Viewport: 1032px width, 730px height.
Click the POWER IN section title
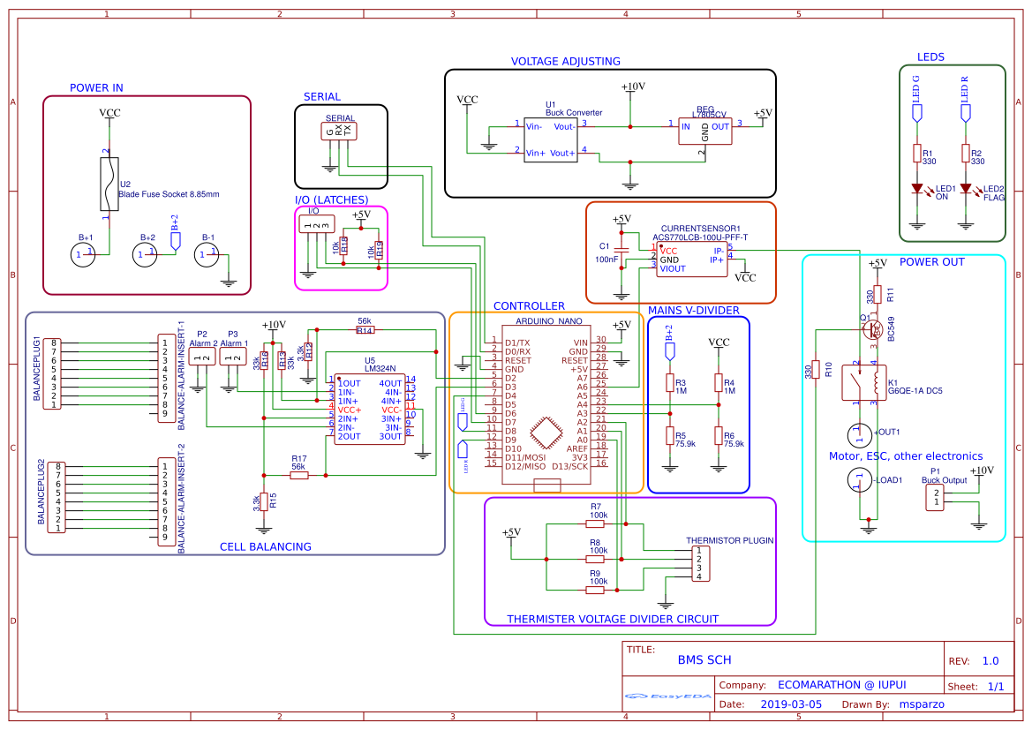96,87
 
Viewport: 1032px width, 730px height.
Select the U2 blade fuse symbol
107,184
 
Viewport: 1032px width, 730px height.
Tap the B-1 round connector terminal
207,254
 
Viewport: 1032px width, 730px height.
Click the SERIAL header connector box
340,131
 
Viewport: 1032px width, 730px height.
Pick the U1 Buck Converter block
551,139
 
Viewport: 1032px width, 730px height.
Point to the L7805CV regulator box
704,130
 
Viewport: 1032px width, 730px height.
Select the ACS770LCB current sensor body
691,260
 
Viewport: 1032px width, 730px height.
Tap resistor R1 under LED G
916,154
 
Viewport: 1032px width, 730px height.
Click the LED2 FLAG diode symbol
965,189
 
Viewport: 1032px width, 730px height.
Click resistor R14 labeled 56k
365,329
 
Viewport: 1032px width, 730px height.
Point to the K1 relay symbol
857,381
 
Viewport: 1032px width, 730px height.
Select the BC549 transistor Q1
873,329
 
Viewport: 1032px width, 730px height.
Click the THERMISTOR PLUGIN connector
698,562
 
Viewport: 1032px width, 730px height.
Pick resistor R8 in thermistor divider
595,558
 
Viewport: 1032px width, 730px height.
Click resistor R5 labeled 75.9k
669,436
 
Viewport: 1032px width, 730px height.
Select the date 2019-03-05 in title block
790,704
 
